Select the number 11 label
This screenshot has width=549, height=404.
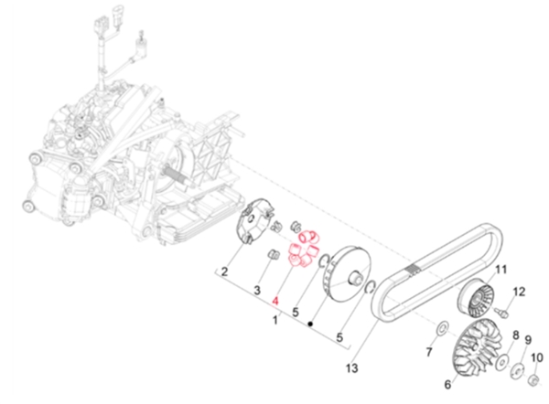501,269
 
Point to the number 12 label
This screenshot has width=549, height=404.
518,292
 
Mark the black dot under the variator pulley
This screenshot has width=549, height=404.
311,323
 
